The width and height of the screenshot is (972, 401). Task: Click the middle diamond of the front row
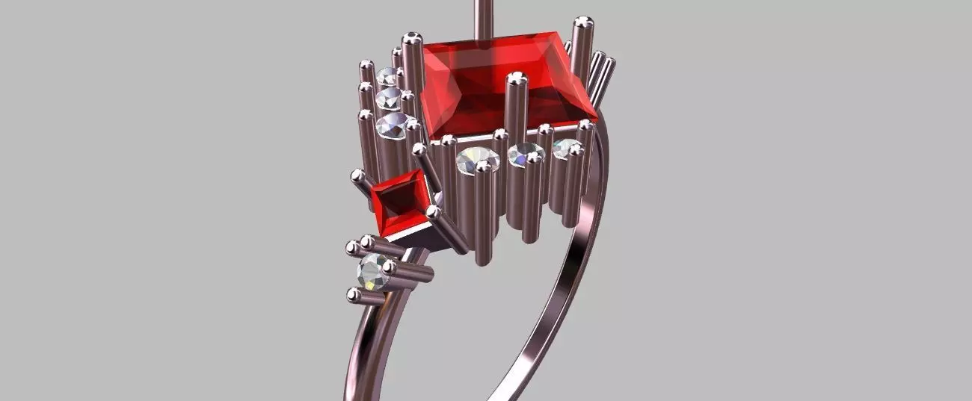coord(526,154)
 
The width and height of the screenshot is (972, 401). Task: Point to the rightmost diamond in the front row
coord(566,148)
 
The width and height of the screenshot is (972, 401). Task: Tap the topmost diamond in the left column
coord(387,76)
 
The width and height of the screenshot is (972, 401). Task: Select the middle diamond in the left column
coord(389,98)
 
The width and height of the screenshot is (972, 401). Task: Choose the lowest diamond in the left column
coord(392,125)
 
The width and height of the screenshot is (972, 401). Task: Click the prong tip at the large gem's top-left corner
coord(411,38)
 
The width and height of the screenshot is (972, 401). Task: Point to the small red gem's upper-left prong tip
coord(358,176)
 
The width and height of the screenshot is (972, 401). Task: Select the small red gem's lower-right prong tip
coord(433,212)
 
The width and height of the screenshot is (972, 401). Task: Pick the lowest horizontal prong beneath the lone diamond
coord(366,296)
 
